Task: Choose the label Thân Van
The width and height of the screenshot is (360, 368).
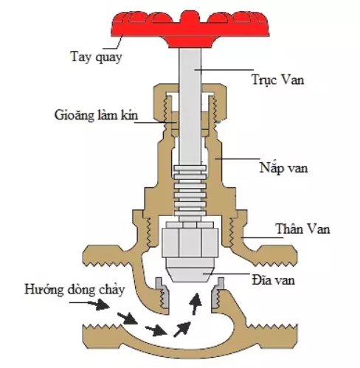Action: coord(303,229)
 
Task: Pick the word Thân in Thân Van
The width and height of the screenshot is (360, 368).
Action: coord(290,229)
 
